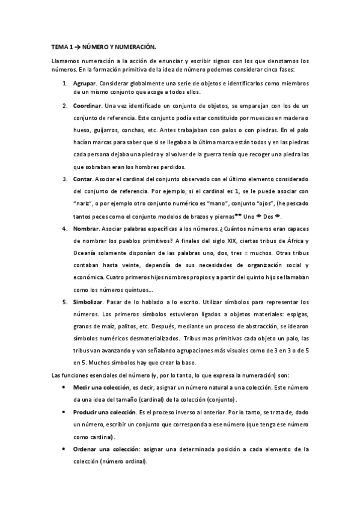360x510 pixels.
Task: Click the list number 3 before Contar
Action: (66, 179)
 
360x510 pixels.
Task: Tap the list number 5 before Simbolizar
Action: (66, 301)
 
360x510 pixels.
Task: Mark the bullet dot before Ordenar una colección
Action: (65, 449)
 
